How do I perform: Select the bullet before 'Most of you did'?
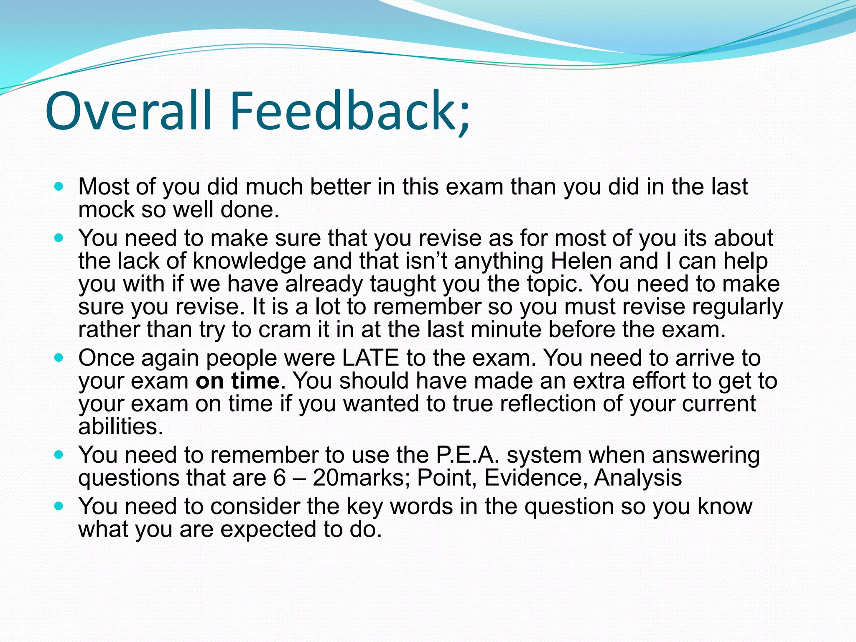(59, 186)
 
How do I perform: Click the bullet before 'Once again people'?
(59, 358)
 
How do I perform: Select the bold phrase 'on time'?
(237, 381)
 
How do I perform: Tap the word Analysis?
(638, 478)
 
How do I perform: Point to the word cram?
(284, 330)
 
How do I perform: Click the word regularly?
(737, 307)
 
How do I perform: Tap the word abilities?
(120, 426)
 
